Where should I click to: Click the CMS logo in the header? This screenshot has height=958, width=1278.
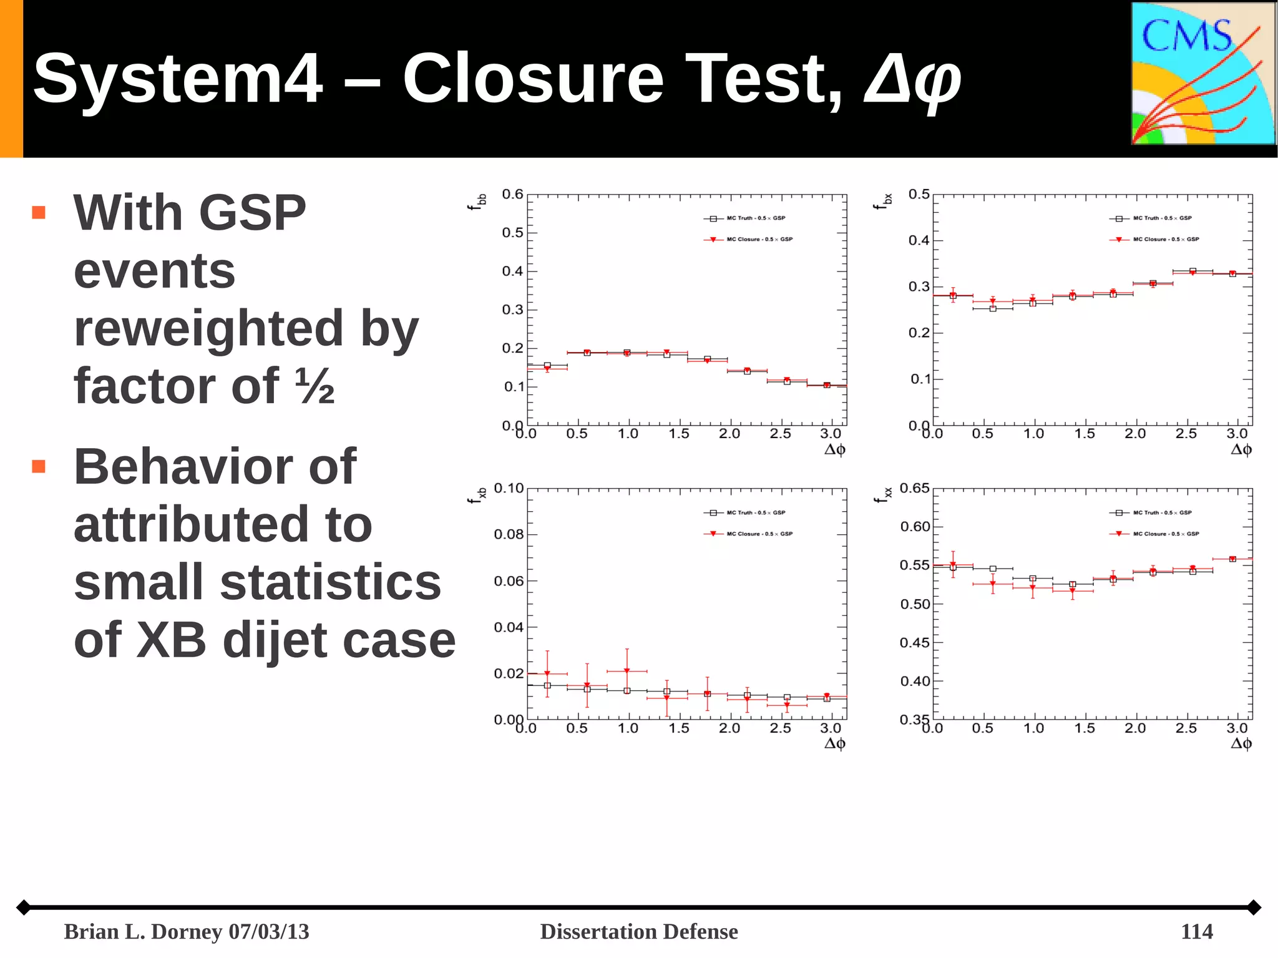click(1203, 74)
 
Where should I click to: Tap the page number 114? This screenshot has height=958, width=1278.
click(1196, 931)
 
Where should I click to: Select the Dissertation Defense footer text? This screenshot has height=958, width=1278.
click(638, 931)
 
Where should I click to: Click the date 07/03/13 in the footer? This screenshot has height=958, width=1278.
click(268, 931)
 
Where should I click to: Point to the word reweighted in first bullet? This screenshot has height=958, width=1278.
click(207, 328)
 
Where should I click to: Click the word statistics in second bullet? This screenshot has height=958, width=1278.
click(331, 582)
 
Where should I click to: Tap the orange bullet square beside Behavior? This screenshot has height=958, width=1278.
click(39, 466)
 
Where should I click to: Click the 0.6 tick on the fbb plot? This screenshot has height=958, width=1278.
click(512, 194)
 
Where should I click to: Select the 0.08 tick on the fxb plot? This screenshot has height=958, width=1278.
click(508, 534)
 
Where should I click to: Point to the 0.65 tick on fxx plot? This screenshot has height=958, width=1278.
click(914, 488)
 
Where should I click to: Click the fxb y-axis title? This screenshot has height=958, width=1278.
click(477, 496)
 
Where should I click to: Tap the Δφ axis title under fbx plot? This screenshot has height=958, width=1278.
click(1241, 449)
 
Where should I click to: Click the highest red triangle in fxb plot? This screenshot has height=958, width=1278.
click(627, 671)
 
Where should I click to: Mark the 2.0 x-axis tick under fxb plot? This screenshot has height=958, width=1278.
click(729, 728)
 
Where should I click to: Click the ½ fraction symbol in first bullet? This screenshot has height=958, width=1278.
click(315, 386)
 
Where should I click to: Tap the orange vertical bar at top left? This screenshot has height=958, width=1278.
click(11, 79)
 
